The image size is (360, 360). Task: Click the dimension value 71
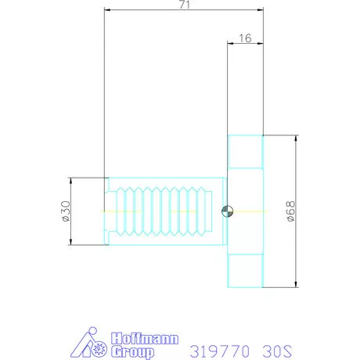(x=185, y=5)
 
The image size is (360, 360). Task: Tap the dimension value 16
(x=245, y=38)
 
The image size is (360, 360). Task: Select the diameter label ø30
(x=65, y=211)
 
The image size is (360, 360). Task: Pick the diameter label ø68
(x=290, y=211)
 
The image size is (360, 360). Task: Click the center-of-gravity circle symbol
(x=227, y=211)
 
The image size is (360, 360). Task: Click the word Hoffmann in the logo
(x=145, y=338)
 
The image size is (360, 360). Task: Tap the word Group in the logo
(x=132, y=352)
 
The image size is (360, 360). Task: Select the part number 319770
(x=219, y=351)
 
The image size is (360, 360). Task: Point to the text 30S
(x=277, y=351)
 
